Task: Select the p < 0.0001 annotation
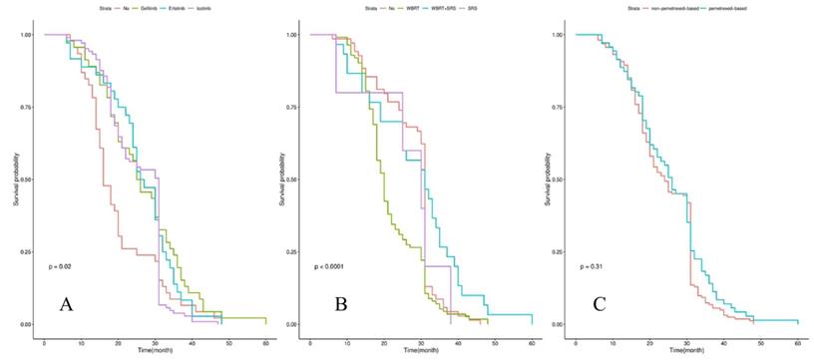click(332, 266)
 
